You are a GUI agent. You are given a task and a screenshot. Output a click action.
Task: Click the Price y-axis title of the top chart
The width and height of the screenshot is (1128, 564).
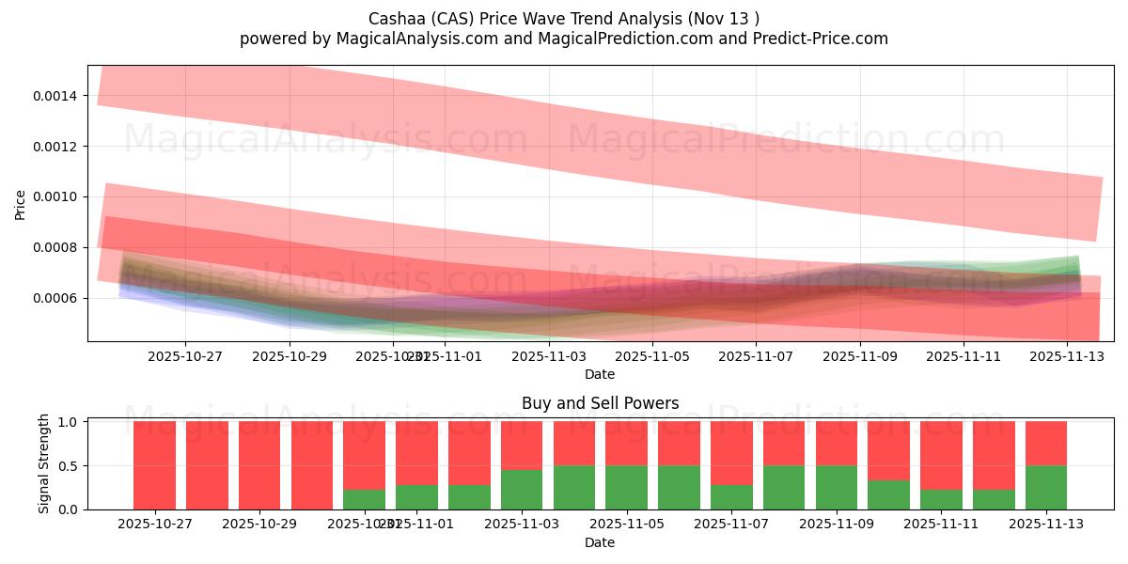21,203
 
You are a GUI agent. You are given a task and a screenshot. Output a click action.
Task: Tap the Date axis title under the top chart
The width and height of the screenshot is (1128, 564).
600,374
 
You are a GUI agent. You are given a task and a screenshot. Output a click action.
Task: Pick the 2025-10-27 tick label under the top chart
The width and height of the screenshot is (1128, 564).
185,356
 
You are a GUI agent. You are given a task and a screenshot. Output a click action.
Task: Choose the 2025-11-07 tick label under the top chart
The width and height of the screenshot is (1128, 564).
757,356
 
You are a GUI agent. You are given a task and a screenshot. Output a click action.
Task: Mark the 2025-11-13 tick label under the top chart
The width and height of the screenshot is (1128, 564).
1067,356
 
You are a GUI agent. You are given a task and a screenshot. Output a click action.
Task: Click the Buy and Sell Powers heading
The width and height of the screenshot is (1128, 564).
600,404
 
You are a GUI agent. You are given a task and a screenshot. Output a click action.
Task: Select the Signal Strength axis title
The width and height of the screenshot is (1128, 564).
44,465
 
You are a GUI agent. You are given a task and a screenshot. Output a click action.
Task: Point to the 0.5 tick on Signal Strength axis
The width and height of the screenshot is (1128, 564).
69,466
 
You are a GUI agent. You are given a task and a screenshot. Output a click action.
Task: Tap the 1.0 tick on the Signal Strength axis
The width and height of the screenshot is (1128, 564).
69,422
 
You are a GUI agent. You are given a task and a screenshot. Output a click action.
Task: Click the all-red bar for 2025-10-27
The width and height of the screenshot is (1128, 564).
154,465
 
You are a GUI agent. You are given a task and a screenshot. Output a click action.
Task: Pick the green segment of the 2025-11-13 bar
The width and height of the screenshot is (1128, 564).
1045,488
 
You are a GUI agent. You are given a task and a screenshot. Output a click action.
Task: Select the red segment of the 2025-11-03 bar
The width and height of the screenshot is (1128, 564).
522,446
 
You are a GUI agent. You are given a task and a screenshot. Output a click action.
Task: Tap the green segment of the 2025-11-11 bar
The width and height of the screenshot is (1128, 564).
941,500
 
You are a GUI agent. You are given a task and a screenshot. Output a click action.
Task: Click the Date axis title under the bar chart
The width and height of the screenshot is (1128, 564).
600,542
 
